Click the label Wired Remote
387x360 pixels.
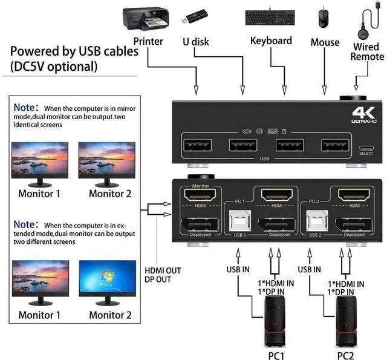[x=367, y=51]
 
